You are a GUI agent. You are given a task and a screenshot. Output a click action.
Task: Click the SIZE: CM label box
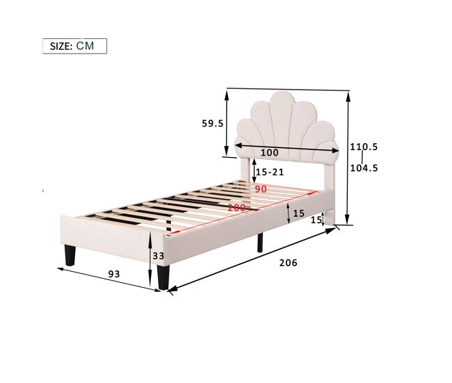tap(74, 46)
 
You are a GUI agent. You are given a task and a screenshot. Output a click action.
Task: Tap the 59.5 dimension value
tap(213, 124)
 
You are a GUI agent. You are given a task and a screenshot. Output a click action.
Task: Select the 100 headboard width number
tap(270, 152)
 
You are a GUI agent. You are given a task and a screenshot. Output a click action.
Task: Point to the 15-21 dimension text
tap(270, 172)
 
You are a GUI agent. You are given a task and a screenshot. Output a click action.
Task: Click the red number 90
tap(261, 189)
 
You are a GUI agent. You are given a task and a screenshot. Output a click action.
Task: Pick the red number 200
tap(236, 208)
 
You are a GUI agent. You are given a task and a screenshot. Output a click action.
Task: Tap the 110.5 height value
tap(364, 147)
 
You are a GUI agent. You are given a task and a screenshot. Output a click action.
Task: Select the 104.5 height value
tap(364, 168)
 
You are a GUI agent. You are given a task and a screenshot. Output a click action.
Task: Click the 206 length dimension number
tap(288, 263)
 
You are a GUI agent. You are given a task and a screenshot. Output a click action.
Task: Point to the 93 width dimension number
tap(114, 274)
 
